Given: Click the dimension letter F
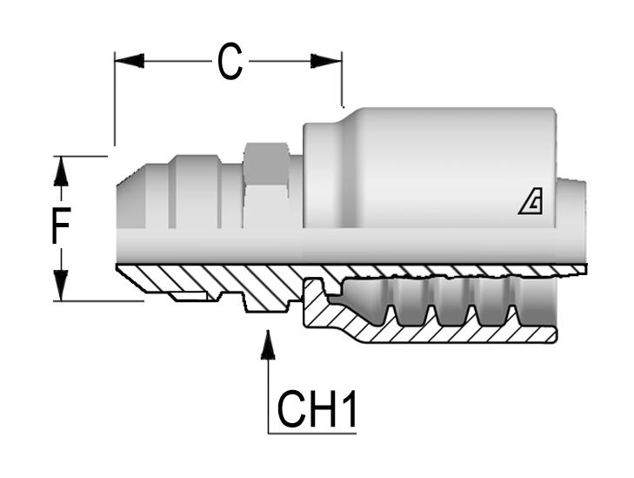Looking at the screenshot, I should [59, 228].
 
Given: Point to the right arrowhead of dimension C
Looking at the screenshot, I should [327, 61].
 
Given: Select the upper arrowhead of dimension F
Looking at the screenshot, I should [60, 172].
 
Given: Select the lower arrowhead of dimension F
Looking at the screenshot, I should [60, 284].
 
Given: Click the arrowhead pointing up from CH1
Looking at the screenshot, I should [269, 345].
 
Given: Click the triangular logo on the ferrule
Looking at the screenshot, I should [531, 203].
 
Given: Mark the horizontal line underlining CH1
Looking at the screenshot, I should [313, 431].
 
